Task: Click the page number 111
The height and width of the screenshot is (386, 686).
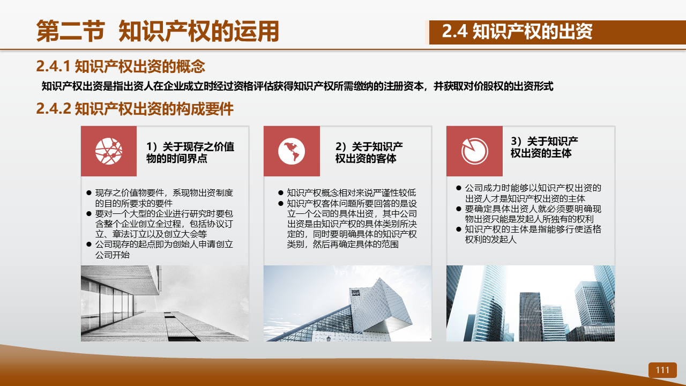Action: tap(662, 370)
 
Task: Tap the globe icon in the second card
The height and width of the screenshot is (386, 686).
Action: tap(292, 151)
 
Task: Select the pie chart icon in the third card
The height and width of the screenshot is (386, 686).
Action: tap(475, 151)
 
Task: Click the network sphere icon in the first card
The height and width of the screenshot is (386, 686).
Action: tap(109, 151)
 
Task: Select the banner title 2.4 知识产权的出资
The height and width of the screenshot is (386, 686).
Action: tap(517, 31)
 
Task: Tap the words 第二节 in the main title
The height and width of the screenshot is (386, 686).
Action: tap(71, 31)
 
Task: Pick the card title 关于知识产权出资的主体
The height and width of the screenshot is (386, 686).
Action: tap(544, 147)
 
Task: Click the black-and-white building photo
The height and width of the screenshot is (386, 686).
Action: tap(165, 303)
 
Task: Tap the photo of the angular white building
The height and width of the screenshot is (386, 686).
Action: tap(348, 303)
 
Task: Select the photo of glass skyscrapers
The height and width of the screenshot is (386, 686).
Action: tap(531, 303)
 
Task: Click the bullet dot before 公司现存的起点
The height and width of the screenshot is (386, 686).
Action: tap(89, 244)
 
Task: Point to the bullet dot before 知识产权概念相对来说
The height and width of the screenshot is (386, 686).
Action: tap(280, 192)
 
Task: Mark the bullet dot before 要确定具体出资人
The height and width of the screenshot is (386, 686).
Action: tap(458, 209)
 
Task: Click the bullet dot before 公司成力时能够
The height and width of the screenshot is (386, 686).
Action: tap(458, 188)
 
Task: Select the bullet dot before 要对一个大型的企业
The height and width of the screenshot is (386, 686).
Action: tap(89, 213)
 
